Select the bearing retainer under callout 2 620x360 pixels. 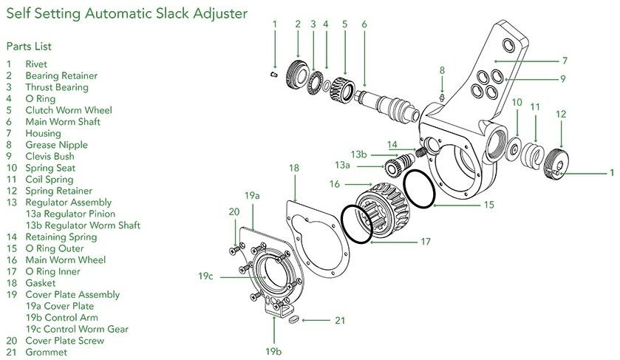click(x=300, y=74)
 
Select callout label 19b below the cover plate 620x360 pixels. click(x=273, y=350)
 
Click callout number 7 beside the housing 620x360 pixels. click(x=564, y=61)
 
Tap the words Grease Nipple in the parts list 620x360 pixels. click(x=56, y=145)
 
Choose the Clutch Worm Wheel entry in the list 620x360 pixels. click(x=68, y=110)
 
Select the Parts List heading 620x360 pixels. click(x=29, y=47)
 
